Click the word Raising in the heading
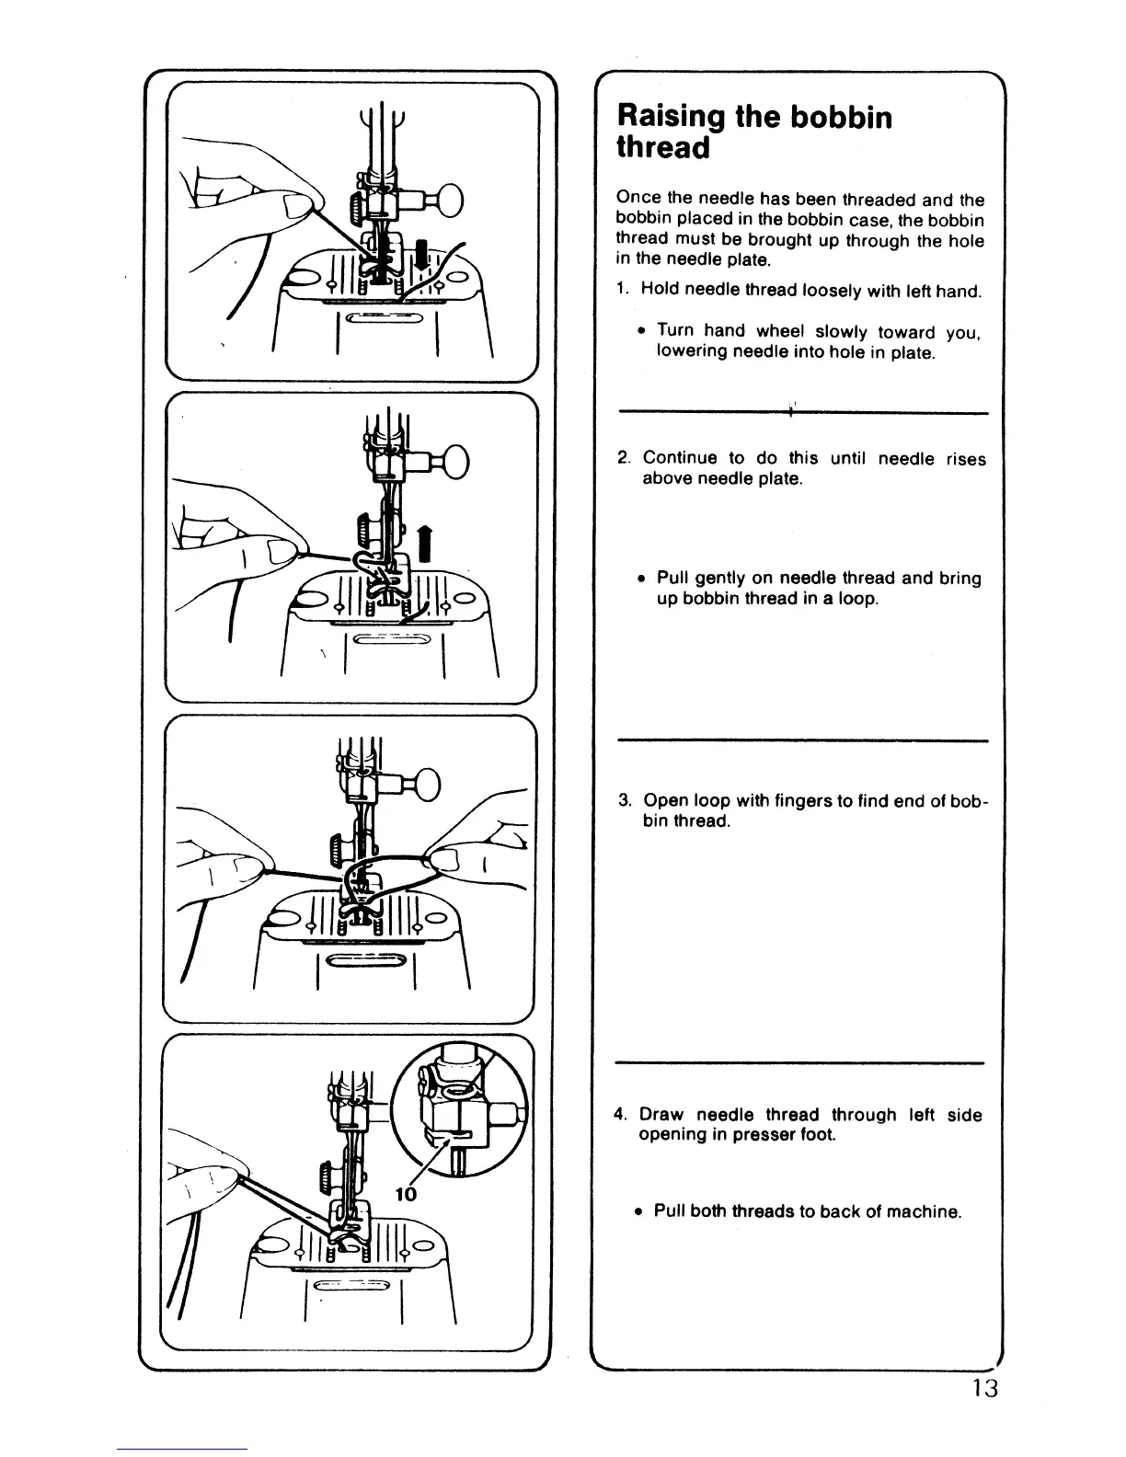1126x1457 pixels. tap(670, 117)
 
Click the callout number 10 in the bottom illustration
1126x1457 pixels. tap(406, 1194)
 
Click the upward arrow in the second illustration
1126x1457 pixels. tap(424, 542)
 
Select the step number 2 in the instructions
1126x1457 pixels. tap(623, 458)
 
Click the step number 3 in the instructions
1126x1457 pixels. tap(623, 800)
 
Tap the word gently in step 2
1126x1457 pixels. tap(721, 579)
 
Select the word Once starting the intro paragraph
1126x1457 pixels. tap(637, 200)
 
